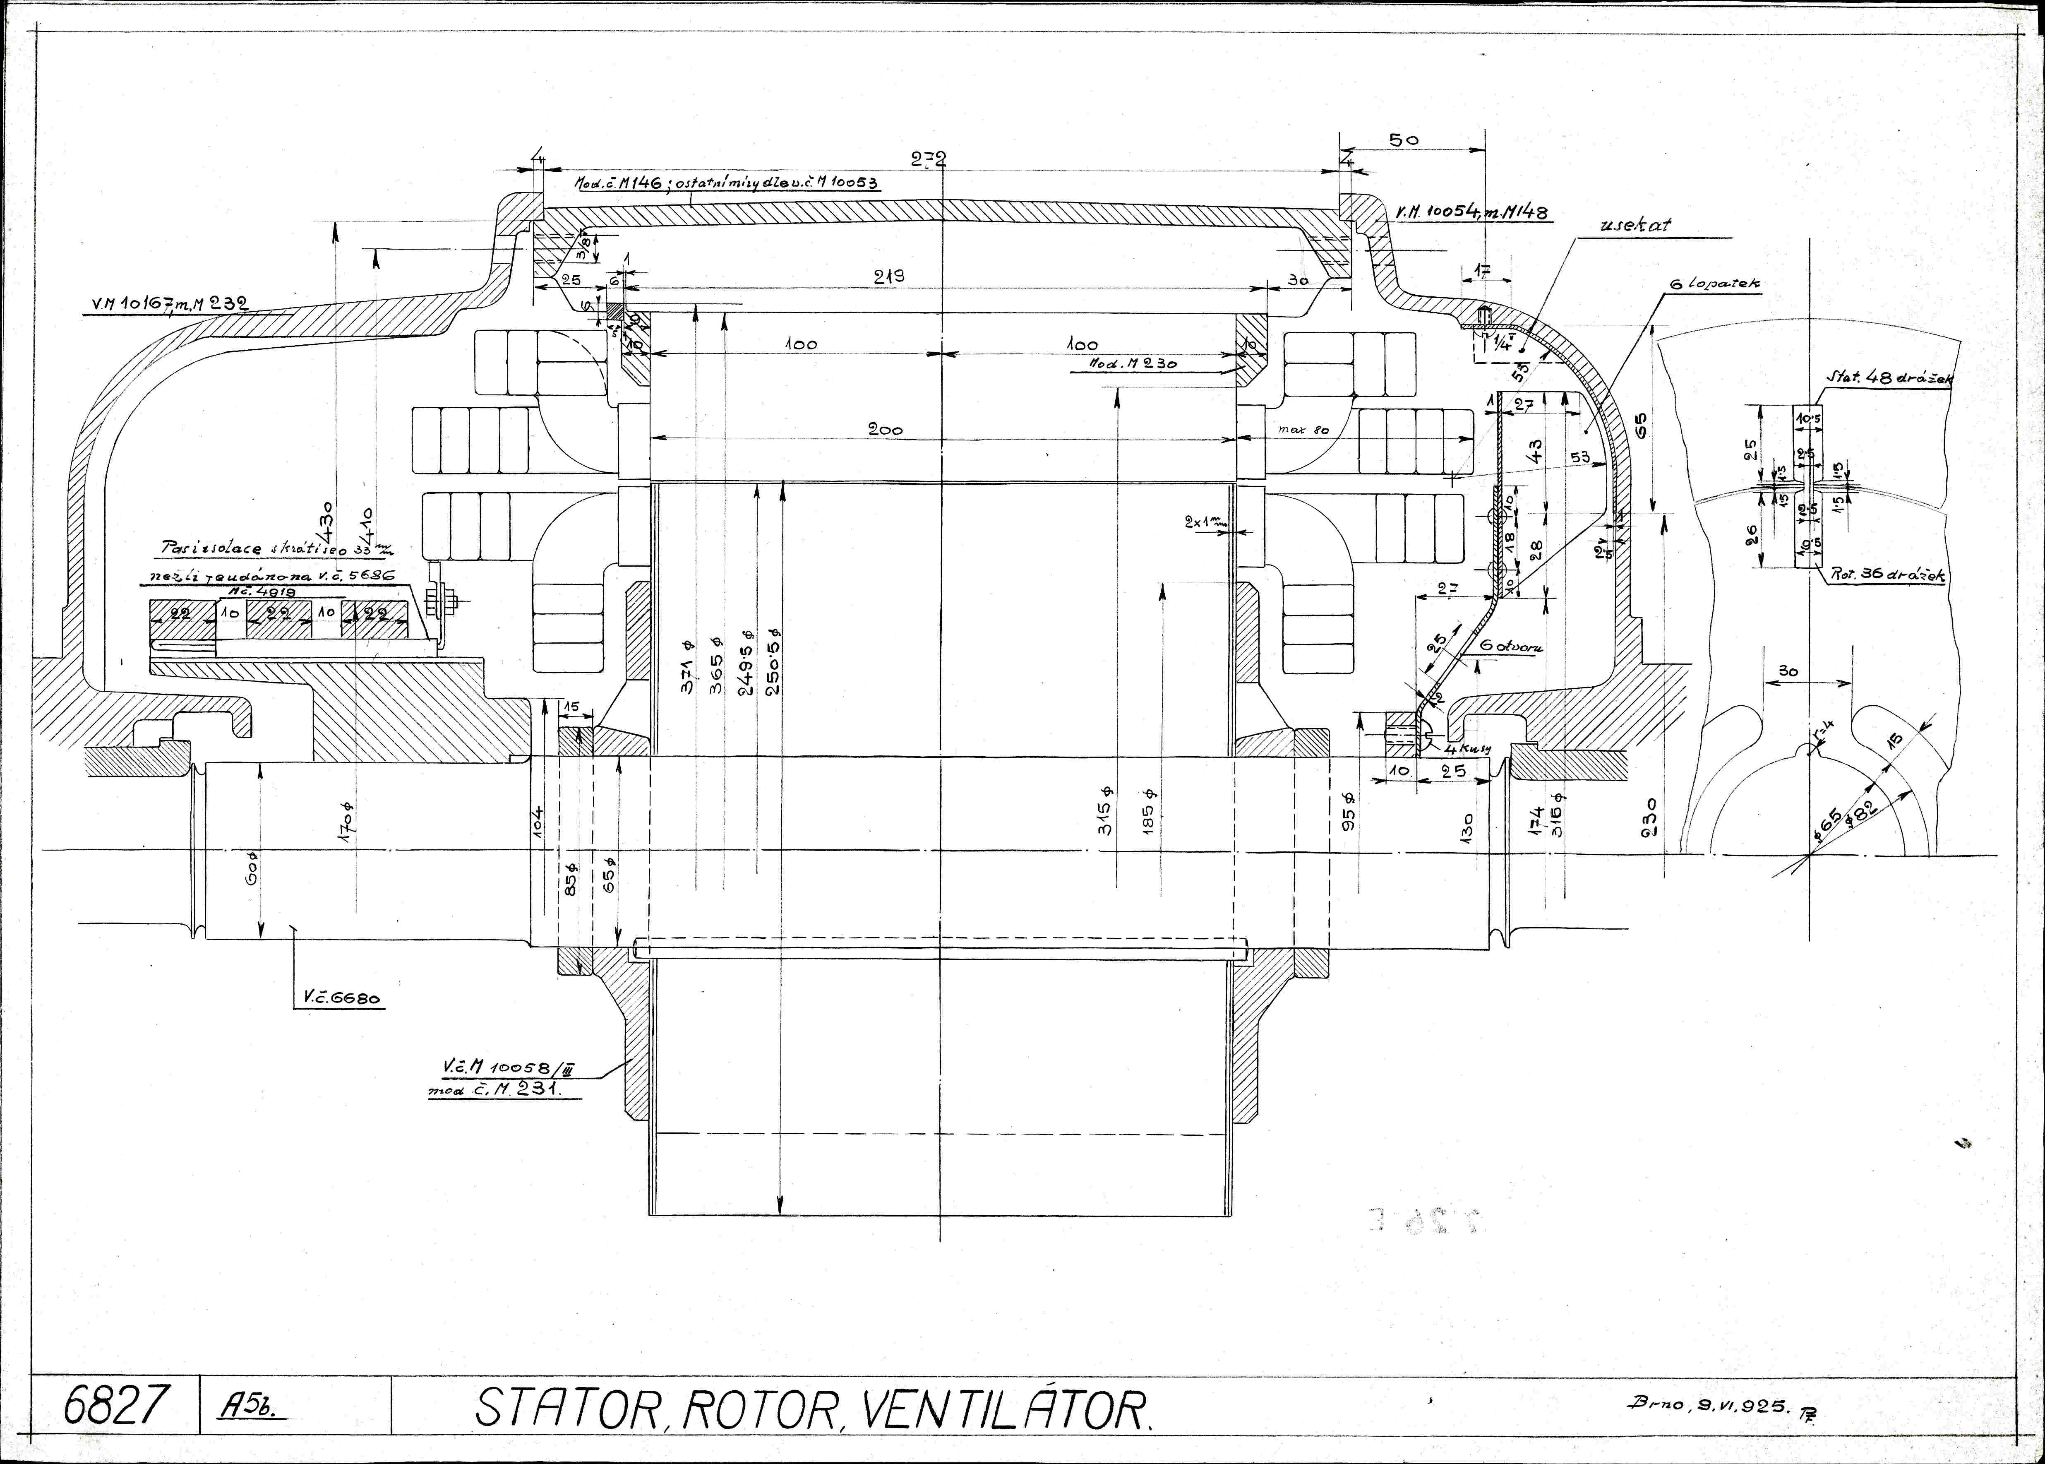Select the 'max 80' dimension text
(x=1303, y=430)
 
